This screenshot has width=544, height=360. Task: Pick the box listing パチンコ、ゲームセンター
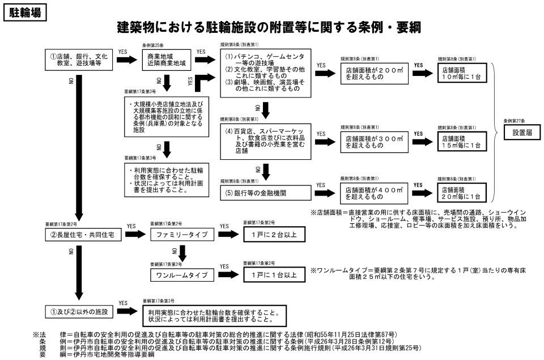pyautogui.click(x=265, y=73)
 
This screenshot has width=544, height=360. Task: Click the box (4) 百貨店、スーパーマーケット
pyautogui.click(x=265, y=139)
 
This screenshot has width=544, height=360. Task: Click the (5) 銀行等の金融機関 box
pyautogui.click(x=265, y=193)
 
